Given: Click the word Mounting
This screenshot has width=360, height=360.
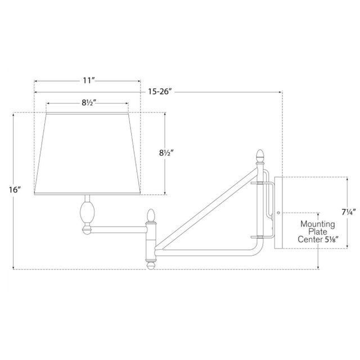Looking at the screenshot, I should click(317, 224).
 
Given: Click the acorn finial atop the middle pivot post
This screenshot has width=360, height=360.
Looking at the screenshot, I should click(150, 215).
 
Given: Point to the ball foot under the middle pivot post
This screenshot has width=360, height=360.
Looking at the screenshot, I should click(150, 262).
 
